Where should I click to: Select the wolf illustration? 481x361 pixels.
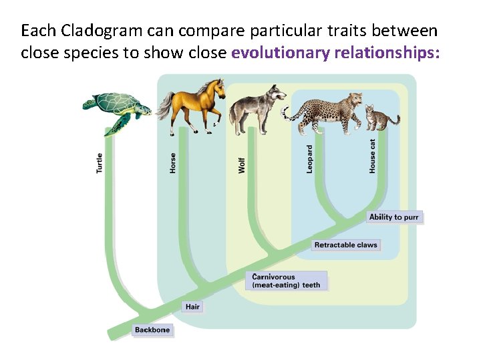point(257,107)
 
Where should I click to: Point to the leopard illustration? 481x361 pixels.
point(327,110)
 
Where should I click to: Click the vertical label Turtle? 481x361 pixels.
point(100,163)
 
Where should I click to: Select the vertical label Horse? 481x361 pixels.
point(173,163)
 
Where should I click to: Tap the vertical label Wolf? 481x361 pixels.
point(242,165)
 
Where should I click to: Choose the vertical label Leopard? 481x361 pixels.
point(309,159)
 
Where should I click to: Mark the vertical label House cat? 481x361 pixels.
point(373,156)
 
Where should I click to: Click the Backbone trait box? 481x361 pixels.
point(152,330)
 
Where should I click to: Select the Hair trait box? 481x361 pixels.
point(192,307)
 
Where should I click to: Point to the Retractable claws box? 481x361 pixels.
point(345,245)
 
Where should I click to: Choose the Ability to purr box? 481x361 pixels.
point(394,217)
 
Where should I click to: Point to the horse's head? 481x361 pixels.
point(215,88)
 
